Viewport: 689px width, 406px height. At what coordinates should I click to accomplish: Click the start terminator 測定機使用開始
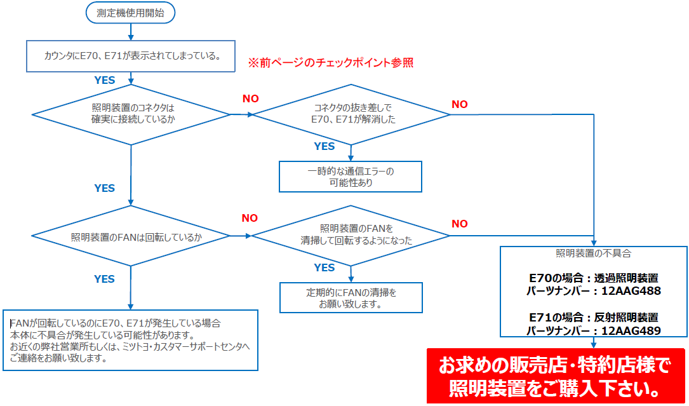[x=130, y=12]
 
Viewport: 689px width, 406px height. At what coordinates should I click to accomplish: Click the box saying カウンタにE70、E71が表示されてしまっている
[x=131, y=57]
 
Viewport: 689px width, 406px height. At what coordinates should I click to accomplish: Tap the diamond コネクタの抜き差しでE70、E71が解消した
[x=352, y=114]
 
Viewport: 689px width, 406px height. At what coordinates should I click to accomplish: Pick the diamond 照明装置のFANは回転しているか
[x=131, y=236]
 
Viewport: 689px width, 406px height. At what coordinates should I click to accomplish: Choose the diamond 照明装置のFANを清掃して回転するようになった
[x=352, y=235]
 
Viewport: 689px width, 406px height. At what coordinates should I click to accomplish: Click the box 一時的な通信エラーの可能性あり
[x=351, y=177]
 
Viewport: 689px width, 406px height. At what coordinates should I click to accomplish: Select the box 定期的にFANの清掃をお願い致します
[x=351, y=298]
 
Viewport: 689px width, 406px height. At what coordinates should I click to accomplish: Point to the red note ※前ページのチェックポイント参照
[x=330, y=63]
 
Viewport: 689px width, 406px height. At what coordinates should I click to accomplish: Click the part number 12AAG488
[x=631, y=291]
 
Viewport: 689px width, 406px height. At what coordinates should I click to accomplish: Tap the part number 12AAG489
[x=631, y=330]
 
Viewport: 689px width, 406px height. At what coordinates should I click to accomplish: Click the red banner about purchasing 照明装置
[x=556, y=376]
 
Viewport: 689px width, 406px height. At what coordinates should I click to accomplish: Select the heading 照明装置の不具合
[x=594, y=253]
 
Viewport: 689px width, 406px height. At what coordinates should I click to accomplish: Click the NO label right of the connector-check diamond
[x=251, y=98]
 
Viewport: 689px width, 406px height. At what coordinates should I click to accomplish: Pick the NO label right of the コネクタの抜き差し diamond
[x=460, y=104]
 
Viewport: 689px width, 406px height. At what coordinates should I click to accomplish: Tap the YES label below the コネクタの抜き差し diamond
[x=324, y=147]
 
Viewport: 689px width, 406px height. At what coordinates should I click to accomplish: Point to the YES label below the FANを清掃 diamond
[x=324, y=267]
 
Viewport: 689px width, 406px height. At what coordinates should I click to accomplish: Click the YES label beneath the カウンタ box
[x=105, y=80]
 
